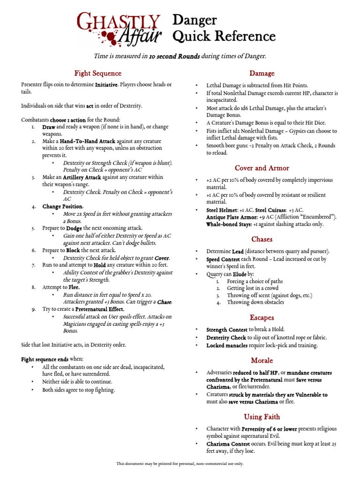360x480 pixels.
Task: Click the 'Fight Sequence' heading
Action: [97, 73]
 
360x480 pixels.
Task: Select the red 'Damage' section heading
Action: [262, 73]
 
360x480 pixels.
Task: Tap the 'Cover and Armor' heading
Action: [262, 168]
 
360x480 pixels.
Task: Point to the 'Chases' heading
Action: [262, 239]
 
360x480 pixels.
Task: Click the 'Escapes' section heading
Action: [262, 317]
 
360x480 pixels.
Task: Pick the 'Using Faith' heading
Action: [262, 417]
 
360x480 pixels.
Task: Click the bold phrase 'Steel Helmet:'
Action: [222, 210]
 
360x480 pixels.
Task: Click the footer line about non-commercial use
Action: [180, 464]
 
